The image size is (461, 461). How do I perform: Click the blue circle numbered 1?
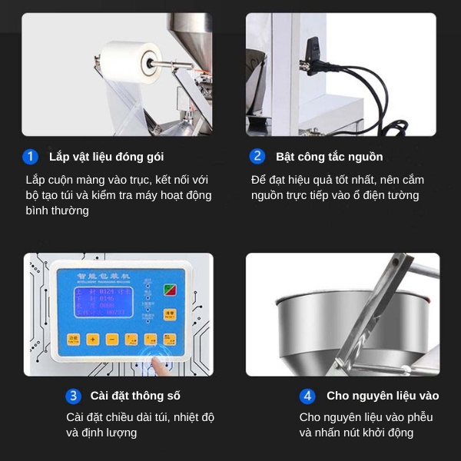pyautogui.click(x=31, y=157)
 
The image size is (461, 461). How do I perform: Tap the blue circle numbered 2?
pyautogui.click(x=257, y=157)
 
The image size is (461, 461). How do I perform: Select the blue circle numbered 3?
pyautogui.click(x=73, y=396)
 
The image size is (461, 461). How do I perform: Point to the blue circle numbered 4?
pyautogui.click(x=307, y=396)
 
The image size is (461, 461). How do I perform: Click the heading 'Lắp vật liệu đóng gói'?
pyautogui.click(x=106, y=157)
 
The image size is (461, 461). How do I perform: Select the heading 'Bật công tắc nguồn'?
pyautogui.click(x=329, y=157)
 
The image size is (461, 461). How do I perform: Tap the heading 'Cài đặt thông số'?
pyautogui.click(x=134, y=396)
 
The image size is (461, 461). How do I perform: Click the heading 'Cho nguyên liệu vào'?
pyautogui.click(x=383, y=396)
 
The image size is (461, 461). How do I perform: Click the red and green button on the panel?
pyautogui.click(x=170, y=290)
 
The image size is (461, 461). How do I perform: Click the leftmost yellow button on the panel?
pyautogui.click(x=74, y=339)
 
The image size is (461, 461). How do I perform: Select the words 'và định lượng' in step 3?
pyautogui.click(x=101, y=433)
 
